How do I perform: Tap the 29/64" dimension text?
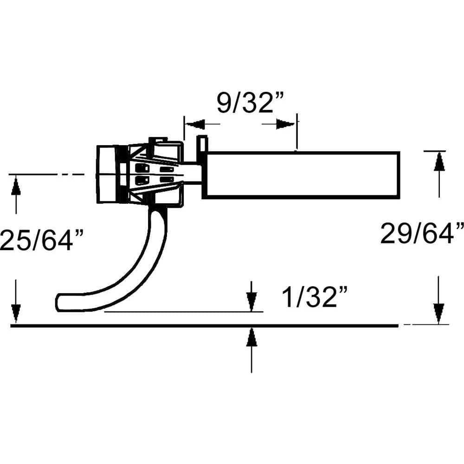[x=422, y=233]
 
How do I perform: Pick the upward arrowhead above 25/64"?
[x=16, y=185]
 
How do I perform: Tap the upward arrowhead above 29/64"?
[x=439, y=161]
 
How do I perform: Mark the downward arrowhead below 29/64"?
[x=439, y=314]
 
